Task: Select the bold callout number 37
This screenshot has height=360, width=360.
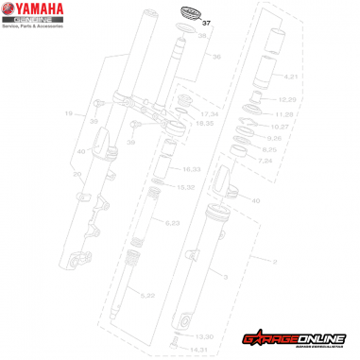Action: pyautogui.click(x=208, y=21)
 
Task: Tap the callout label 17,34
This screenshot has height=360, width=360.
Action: pyautogui.click(x=208, y=114)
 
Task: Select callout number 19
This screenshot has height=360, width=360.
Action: pyautogui.click(x=68, y=113)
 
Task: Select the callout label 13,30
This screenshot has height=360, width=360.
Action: pyautogui.click(x=204, y=335)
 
